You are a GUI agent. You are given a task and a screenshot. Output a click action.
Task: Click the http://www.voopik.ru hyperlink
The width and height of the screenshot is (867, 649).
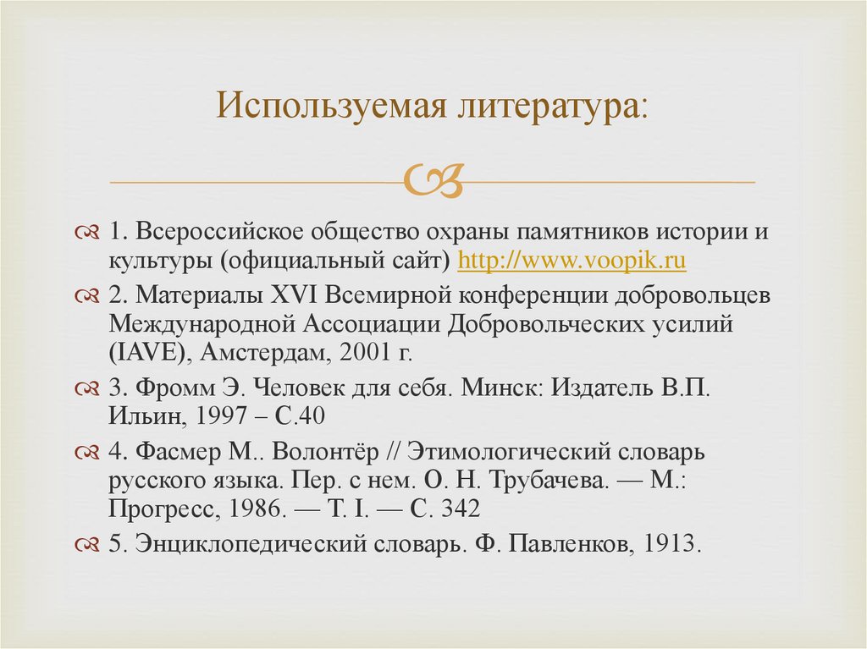pos(572,261)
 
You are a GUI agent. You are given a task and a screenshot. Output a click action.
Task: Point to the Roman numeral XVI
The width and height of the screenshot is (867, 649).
pos(294,297)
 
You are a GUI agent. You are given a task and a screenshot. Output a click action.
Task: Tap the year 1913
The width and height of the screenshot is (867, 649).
pos(671,544)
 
